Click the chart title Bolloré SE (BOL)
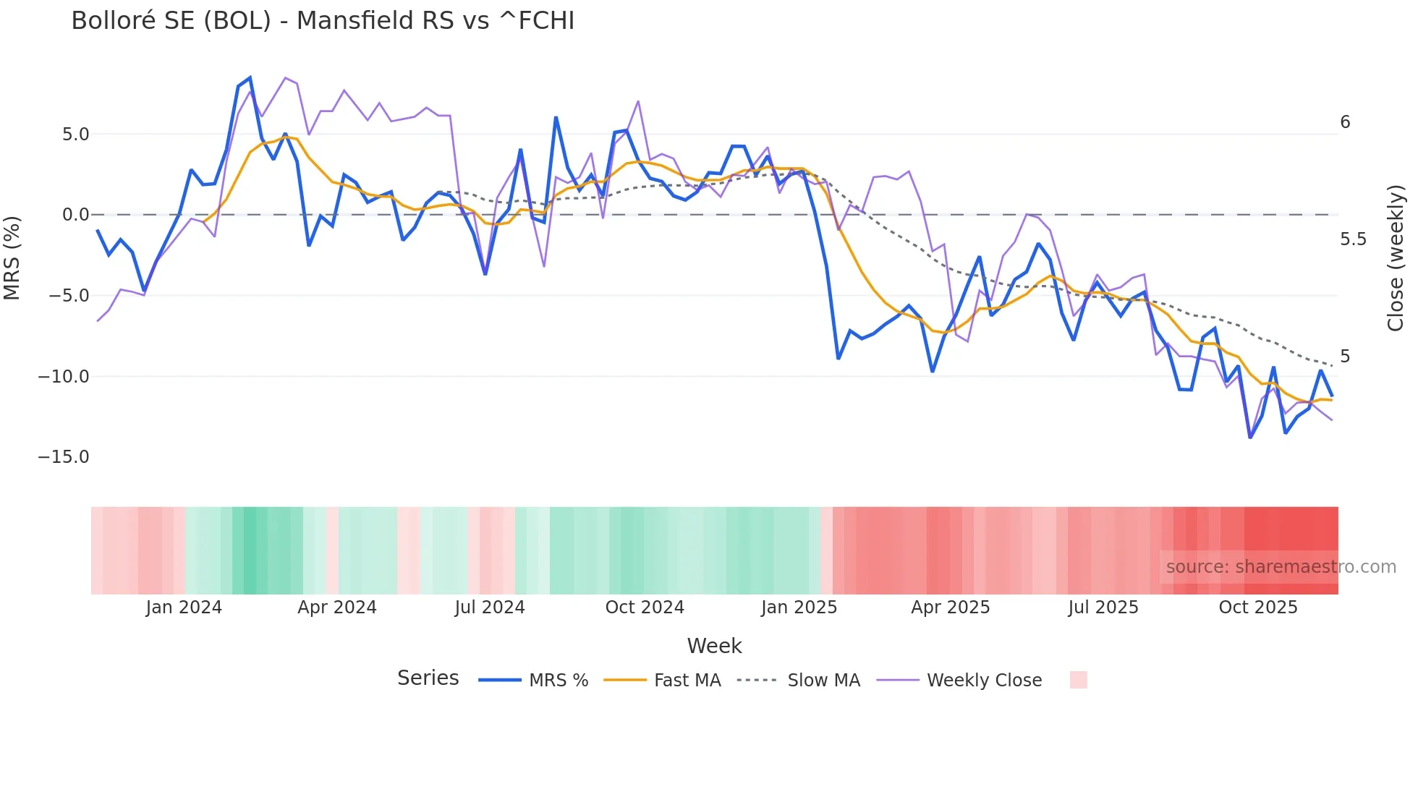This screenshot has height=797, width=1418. coord(323,21)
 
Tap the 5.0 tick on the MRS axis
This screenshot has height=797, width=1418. coord(75,135)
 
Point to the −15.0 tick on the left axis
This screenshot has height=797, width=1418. coord(64,457)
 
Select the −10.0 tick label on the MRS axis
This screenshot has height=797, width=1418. coord(64,377)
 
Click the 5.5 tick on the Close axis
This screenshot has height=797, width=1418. coord(1353,239)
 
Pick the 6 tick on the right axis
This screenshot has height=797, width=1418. coord(1345,122)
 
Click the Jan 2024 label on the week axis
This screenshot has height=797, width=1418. coord(184,608)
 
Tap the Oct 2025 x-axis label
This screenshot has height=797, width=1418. coord(1258,608)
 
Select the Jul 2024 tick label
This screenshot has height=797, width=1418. coord(490,608)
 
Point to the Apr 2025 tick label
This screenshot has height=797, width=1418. coord(950,608)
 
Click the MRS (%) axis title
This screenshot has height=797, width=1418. coord(12,258)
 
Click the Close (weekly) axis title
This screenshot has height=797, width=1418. coord(1396,258)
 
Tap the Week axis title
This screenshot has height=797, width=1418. coord(714,646)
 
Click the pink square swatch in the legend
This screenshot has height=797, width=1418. coord(1078,680)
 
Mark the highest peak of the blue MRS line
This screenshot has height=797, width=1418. coord(250,77)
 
